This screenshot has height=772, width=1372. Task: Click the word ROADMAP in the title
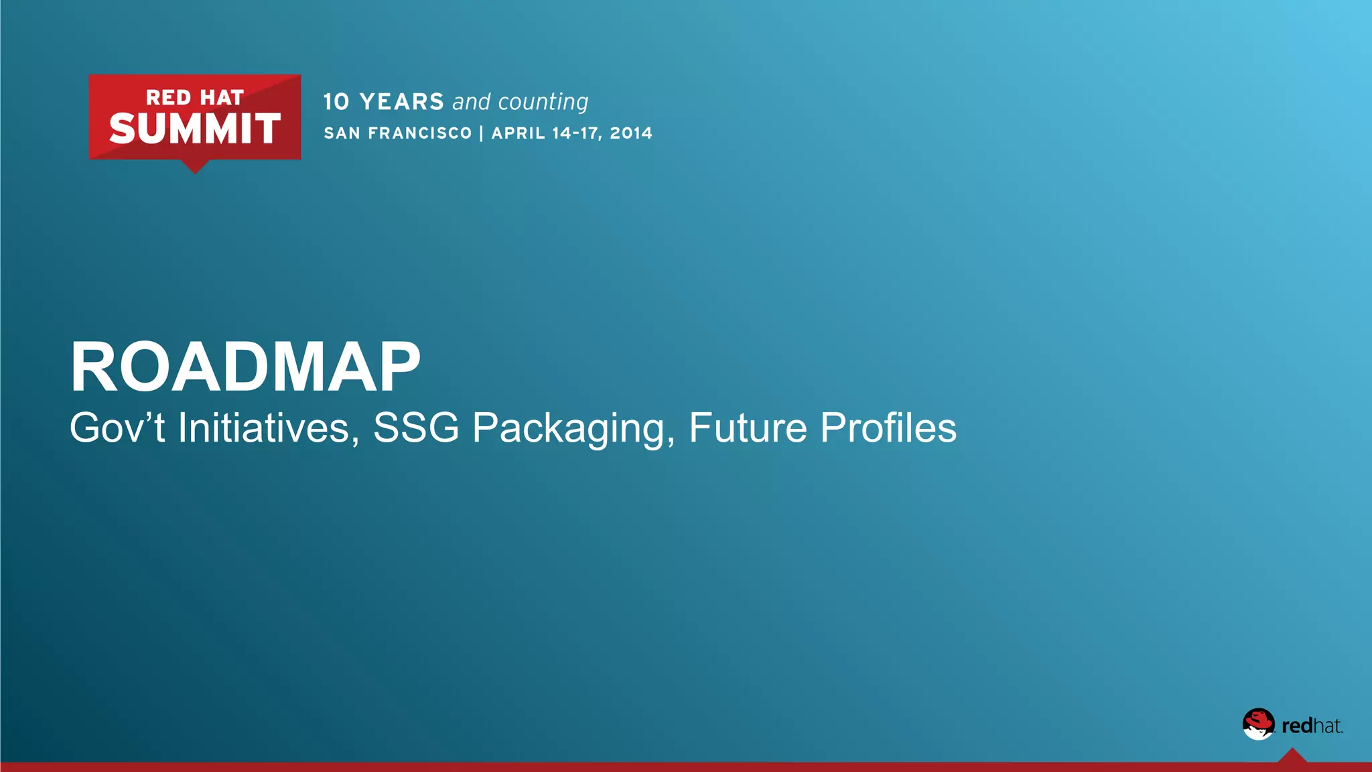click(x=245, y=367)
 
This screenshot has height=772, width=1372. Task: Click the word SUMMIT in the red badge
click(x=195, y=129)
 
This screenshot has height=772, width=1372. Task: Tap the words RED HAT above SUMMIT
click(x=195, y=98)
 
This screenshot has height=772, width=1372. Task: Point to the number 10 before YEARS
click(x=336, y=102)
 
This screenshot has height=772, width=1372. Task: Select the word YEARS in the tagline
click(x=402, y=102)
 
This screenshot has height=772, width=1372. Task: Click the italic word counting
click(x=543, y=102)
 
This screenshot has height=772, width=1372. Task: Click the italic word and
click(x=472, y=102)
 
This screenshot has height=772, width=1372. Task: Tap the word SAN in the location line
click(x=342, y=133)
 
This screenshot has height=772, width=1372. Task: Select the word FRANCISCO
click(x=420, y=133)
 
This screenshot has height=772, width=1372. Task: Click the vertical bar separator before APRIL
click(x=482, y=133)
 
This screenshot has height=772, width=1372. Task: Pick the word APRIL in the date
click(x=519, y=133)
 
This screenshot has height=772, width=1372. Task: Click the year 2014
click(x=631, y=133)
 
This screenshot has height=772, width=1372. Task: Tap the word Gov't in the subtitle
click(x=117, y=428)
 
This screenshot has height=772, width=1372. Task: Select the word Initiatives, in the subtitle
click(x=269, y=428)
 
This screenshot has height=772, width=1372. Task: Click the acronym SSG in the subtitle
click(x=416, y=428)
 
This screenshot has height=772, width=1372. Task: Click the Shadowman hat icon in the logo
click(x=1258, y=724)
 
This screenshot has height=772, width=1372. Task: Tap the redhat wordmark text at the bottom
click(x=1312, y=726)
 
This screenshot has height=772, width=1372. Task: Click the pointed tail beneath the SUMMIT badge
click(x=195, y=166)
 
